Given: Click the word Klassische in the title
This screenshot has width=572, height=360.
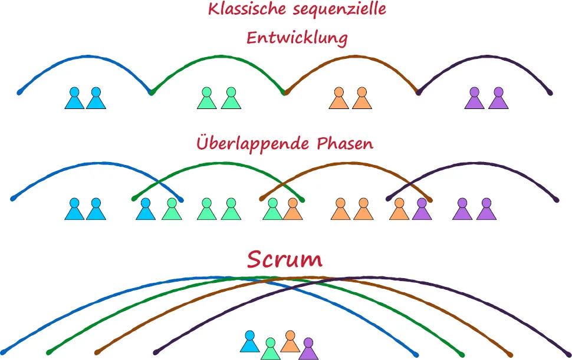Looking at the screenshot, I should point(241,10).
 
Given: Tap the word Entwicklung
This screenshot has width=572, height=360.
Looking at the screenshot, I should point(297,38).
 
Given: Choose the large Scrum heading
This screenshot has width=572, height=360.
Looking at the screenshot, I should point(285,259).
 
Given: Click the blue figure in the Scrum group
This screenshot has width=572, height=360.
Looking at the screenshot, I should point(250,342).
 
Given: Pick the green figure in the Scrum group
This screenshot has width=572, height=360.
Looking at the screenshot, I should point(271,349).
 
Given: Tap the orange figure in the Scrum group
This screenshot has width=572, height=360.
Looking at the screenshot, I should point(290,342).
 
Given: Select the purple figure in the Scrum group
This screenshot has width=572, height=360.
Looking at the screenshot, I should point(308,349).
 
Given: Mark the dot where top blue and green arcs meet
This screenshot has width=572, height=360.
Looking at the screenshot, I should point(152,93).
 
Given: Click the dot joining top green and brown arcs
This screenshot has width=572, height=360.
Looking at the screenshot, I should point(285,93).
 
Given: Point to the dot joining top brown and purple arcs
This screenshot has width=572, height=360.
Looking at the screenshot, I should point(419,93).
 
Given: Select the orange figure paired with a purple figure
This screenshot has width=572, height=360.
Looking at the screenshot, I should point(399,210).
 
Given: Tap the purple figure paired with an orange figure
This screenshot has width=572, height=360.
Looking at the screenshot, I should point(422,210).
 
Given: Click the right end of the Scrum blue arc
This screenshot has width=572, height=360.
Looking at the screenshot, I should point(416,354).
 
